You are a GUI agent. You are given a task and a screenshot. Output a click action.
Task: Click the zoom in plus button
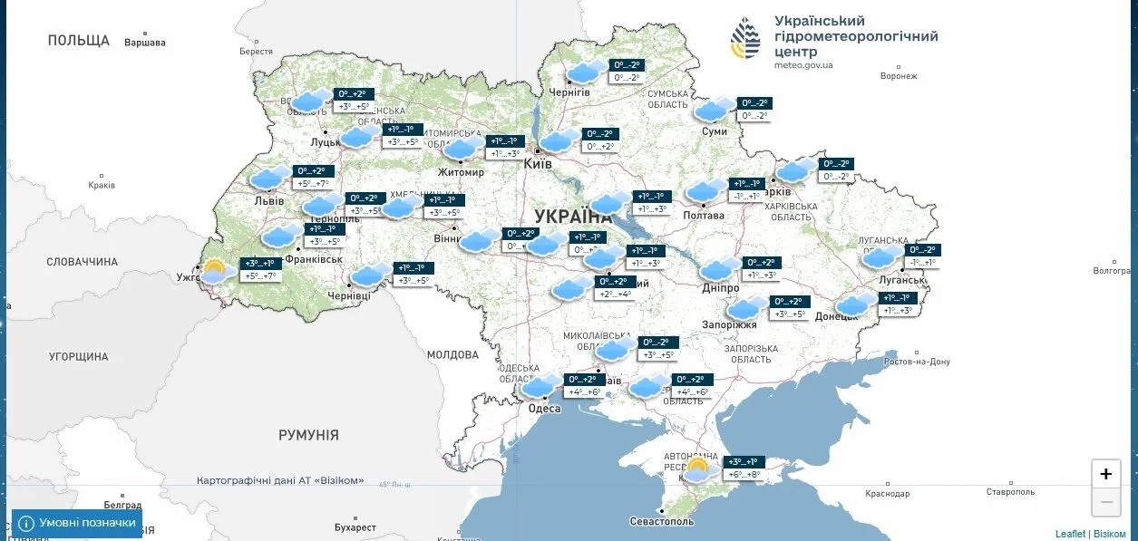coord(1105,474)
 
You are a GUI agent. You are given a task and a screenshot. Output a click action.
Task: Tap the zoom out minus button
coord(1105,502)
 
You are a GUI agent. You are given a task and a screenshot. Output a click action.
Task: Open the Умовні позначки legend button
coord(77,523)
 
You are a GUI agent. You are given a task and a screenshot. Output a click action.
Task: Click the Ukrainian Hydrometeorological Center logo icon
coord(746,38)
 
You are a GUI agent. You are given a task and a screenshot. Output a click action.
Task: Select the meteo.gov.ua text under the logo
coord(803,65)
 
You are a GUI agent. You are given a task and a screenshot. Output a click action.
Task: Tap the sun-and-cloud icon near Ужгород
coord(215,271)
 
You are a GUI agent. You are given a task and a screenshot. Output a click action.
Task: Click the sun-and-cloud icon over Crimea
coord(696,470)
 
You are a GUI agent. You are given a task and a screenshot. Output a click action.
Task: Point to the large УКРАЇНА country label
coord(573,217)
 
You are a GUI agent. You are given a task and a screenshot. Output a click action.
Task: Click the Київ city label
coord(539,164)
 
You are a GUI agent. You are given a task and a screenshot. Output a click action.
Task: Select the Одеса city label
coord(544,409)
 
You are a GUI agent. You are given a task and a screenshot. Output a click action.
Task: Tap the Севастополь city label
coord(663,522)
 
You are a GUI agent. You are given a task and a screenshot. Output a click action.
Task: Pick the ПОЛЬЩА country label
coord(79,41)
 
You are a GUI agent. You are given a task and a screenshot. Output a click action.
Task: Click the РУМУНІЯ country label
coord(308,436)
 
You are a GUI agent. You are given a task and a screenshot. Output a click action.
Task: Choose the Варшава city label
coord(145,43)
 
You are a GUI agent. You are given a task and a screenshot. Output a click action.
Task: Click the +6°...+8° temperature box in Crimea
coord(744,474)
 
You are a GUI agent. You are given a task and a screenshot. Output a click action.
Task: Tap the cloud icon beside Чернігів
coord(586,72)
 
